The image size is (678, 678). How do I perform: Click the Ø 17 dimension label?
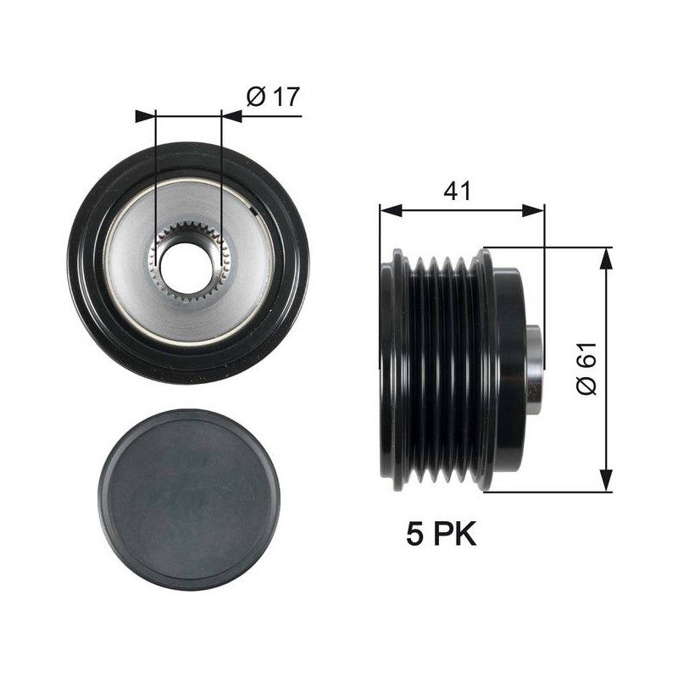point(273,97)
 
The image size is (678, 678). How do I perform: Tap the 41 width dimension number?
point(457,190)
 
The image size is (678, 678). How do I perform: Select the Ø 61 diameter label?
point(586,369)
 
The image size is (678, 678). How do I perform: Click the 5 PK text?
point(441,534)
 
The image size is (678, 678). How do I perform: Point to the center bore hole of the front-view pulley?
point(186,267)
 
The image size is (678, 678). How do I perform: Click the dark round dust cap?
point(189,500)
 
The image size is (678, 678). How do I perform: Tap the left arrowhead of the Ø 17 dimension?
point(145,116)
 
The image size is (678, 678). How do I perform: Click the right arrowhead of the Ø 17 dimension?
point(231,116)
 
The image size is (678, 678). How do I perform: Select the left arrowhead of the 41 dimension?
point(391,211)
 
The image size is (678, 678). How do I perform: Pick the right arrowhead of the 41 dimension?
point(533,211)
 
